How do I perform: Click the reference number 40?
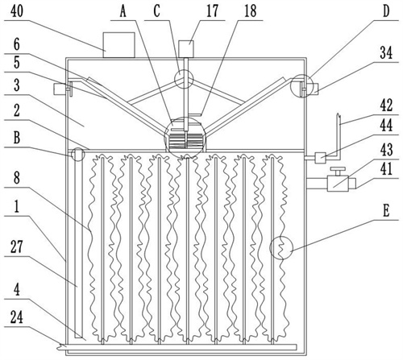[x=16, y=11]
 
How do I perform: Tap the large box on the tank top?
[x=118, y=45]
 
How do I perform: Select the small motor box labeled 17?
[x=186, y=49]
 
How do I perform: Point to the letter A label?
[x=123, y=12]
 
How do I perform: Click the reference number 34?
[x=386, y=53]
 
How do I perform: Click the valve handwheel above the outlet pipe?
[x=338, y=170]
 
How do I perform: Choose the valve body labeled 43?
[x=338, y=184]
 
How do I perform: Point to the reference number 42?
[x=386, y=106]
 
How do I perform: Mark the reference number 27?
[x=17, y=247]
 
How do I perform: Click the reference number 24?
[x=17, y=317]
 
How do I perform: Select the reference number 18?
[x=250, y=12]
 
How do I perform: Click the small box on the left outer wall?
[x=59, y=89]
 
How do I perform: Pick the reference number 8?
[x=17, y=178]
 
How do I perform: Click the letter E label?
[x=386, y=211]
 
